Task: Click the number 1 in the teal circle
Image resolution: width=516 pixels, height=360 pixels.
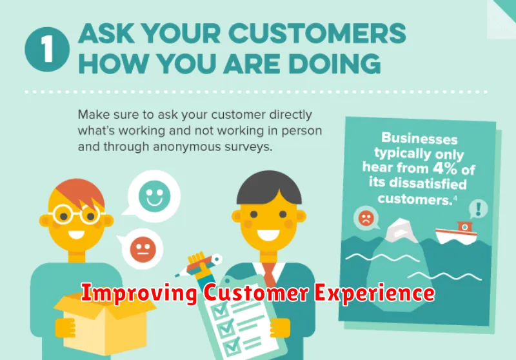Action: (47, 50)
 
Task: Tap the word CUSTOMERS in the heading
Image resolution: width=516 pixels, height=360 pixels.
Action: (317, 34)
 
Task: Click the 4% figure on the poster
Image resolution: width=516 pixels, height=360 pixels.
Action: (444, 168)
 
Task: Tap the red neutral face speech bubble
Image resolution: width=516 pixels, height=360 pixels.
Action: (141, 248)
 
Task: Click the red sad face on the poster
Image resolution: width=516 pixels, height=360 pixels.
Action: (366, 218)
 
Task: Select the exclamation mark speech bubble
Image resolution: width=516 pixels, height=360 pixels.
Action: (478, 209)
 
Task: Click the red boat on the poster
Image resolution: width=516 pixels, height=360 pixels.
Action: (456, 233)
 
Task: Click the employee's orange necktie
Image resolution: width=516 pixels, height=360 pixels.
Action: (269, 275)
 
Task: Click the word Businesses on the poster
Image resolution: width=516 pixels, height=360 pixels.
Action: (419, 138)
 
